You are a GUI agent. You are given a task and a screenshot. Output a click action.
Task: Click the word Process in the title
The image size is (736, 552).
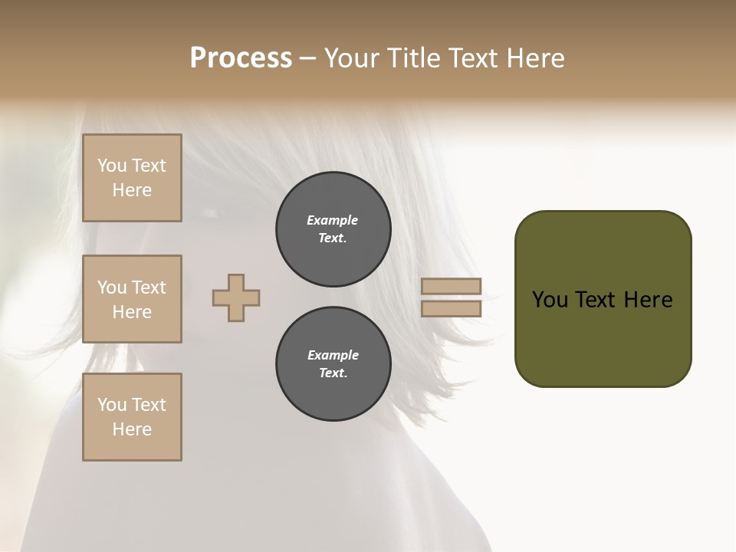coord(241,58)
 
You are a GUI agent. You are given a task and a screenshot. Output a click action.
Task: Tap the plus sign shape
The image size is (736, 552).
coord(236,297)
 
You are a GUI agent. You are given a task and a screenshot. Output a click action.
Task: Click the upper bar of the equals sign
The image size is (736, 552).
coord(451,286)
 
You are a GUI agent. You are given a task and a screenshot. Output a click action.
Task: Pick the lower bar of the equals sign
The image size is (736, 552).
coord(451,309)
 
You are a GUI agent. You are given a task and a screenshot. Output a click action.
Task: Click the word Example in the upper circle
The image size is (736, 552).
coord(333,220)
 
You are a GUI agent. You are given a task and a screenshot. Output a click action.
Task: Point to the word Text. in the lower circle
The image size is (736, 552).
coord(333,373)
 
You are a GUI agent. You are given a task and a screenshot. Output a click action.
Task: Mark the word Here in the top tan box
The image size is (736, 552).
coord(132,190)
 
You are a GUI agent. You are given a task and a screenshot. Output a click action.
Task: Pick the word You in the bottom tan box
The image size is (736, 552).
coord(112,405)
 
